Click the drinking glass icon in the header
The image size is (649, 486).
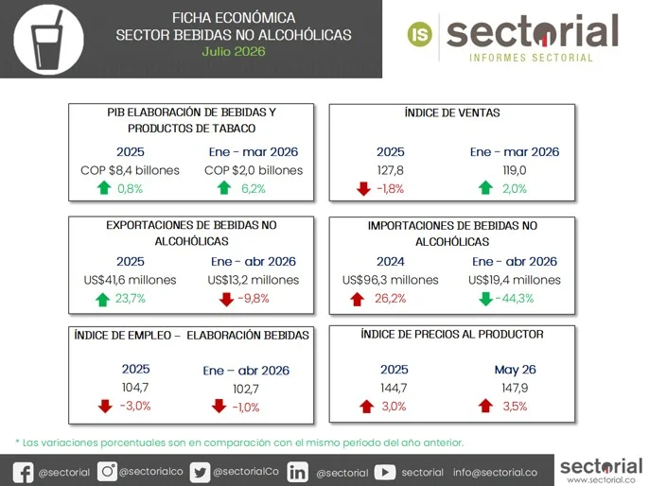click(47, 40)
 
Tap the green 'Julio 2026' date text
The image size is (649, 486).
click(234, 51)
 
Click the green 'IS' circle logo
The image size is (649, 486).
click(420, 34)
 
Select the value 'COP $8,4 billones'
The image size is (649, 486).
click(130, 170)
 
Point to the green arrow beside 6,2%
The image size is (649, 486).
click(224, 188)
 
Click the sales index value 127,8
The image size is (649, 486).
click(391, 170)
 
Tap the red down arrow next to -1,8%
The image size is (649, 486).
click(363, 188)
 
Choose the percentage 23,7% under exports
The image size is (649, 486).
click(130, 298)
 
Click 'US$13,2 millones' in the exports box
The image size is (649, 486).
click(254, 280)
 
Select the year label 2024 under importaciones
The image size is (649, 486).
click(391, 261)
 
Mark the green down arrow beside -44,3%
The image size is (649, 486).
click(485, 299)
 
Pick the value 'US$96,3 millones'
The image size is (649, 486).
click(391, 280)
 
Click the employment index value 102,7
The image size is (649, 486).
click(246, 389)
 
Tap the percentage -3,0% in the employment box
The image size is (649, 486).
click(135, 406)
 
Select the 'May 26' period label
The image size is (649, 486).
click(515, 370)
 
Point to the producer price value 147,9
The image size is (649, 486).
click(515, 388)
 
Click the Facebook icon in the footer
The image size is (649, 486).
click(23, 473)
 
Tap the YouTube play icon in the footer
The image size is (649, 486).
click(385, 472)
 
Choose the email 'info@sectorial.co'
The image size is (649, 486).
click(495, 473)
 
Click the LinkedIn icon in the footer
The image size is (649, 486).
click(298, 473)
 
